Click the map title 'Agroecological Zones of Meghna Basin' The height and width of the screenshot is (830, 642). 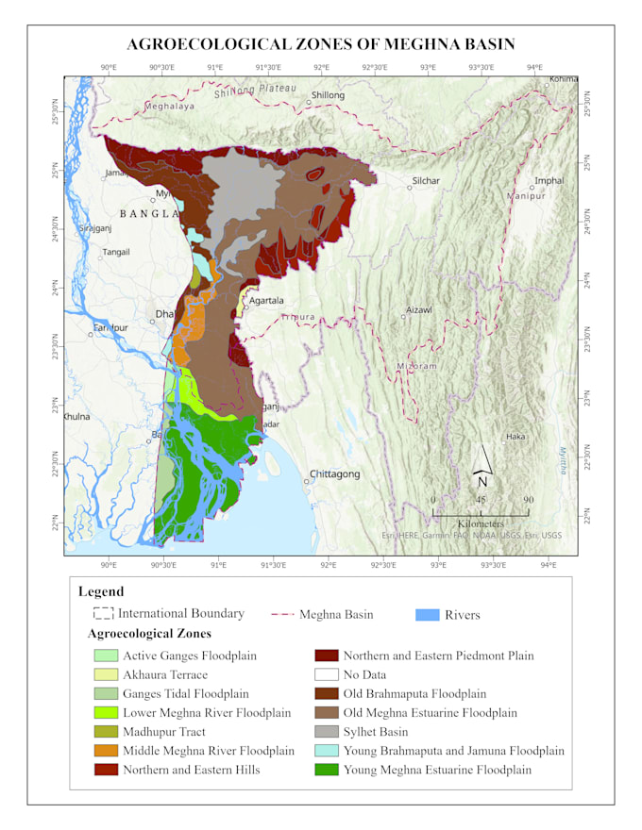point(321,44)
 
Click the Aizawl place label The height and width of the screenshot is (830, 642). point(418,309)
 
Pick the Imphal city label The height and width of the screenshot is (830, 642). point(549,180)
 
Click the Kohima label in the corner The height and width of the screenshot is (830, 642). point(563,79)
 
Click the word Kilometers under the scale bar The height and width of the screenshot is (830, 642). point(481,523)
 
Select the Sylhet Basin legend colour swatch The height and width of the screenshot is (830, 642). point(326,732)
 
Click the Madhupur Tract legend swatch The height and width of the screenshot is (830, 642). point(106,732)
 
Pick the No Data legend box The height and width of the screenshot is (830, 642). point(326,674)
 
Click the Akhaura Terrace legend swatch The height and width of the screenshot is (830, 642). point(106,674)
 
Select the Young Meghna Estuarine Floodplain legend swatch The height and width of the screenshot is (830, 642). point(326,770)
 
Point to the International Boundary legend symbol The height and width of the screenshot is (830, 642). point(103,614)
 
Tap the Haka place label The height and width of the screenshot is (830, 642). point(515,437)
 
